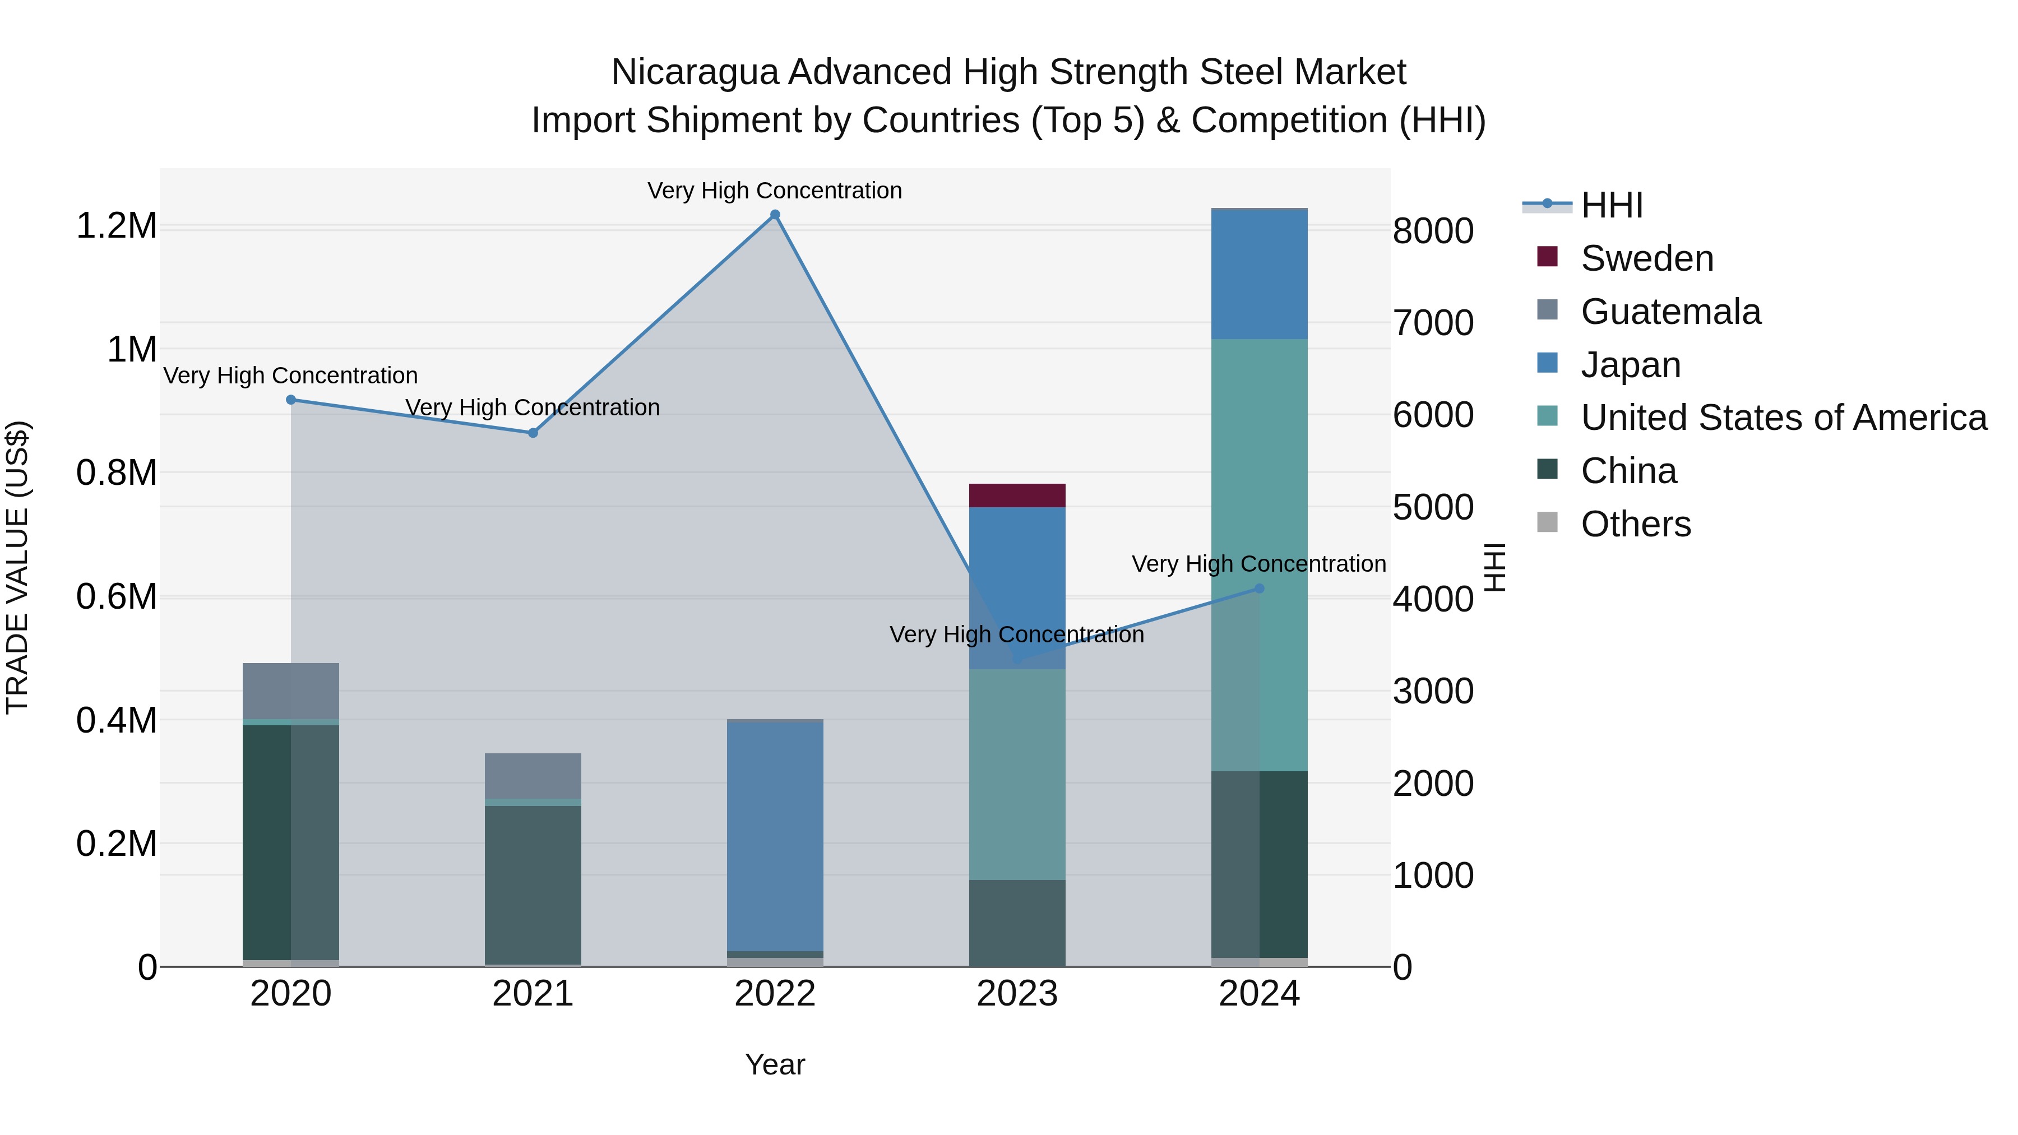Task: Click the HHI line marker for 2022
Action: (x=775, y=215)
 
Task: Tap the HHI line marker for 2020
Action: (x=290, y=400)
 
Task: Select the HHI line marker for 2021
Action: (x=533, y=432)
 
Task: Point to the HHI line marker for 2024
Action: (x=1259, y=589)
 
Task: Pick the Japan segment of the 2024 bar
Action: (x=1259, y=274)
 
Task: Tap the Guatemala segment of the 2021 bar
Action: (x=533, y=776)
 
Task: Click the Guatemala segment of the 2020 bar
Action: (x=290, y=690)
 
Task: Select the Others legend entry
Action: (x=1636, y=524)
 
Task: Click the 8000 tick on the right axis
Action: (x=1433, y=231)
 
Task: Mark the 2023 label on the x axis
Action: (x=1017, y=994)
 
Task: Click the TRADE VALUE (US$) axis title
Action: (x=18, y=567)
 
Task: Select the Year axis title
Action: (x=775, y=1064)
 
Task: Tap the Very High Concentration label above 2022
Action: (x=775, y=191)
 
